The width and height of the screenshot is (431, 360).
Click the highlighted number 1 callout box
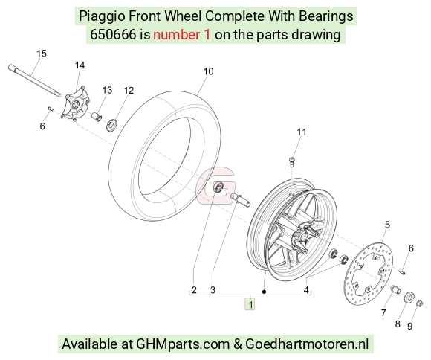tap(250, 304)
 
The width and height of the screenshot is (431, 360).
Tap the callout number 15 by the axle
tap(42, 54)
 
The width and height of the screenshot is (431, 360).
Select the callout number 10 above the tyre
tap(208, 71)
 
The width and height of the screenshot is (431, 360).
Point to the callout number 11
tap(302, 132)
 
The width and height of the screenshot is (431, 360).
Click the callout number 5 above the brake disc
tap(387, 225)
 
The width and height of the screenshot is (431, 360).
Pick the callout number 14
tap(80, 65)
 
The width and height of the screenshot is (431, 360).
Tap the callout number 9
tap(410, 326)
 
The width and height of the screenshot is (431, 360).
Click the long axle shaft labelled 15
tap(34, 80)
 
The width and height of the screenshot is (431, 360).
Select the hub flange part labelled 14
tap(75, 103)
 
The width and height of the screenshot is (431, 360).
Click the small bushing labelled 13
tap(97, 116)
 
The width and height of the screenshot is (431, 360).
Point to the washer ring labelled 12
tap(111, 125)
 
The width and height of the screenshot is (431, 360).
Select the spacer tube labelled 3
tap(241, 200)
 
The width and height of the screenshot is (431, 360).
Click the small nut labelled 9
tap(419, 303)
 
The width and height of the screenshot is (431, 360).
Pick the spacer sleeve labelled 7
tap(396, 290)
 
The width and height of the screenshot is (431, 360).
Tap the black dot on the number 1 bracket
tap(264, 292)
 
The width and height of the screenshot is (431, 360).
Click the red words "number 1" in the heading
tap(182, 35)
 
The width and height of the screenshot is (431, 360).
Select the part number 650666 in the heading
tap(113, 35)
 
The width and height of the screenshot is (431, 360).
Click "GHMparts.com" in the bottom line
tap(183, 344)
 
